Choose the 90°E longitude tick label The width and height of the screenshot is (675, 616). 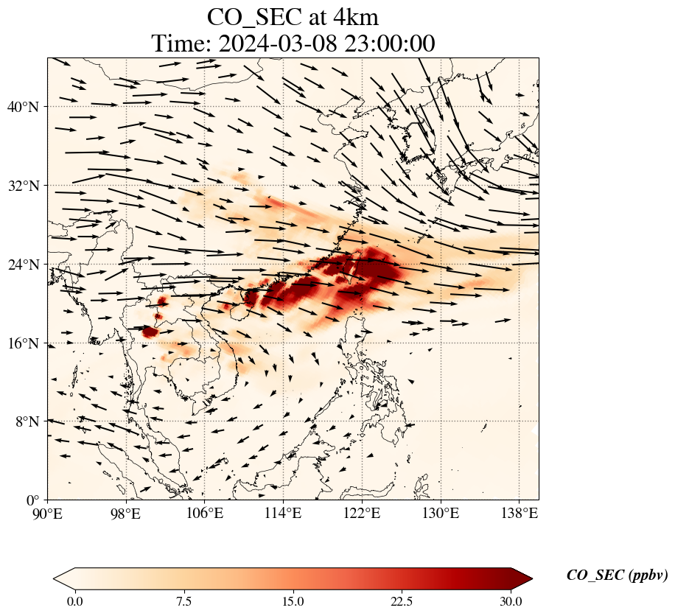coord(48,514)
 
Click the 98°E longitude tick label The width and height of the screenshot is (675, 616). coord(127,514)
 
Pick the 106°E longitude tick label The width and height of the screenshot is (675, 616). coord(205,514)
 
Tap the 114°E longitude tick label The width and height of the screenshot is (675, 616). coord(284,514)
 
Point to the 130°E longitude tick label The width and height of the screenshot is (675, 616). coord(441,514)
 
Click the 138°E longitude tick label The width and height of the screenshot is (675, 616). coord(519,514)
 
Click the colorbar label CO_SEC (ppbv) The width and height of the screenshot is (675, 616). coord(617,576)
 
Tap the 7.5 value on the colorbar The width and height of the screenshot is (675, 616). coord(183,601)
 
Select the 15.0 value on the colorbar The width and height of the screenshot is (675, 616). coord(293,601)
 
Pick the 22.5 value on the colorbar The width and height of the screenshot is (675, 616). coord(402,601)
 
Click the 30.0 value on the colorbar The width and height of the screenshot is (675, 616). coord(511,601)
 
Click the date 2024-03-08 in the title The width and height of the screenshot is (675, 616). coord(276,43)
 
